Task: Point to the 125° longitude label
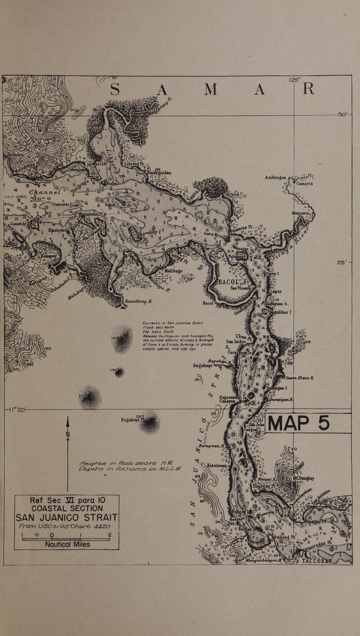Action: coord(294,80)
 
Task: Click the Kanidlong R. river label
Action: coord(138,301)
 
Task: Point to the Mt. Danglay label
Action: coord(303,478)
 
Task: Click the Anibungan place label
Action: coord(275,177)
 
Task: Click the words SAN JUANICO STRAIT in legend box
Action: coord(67,518)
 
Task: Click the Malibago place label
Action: coord(174,271)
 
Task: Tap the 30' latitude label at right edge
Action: coord(342,114)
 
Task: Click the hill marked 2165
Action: coord(88,395)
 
